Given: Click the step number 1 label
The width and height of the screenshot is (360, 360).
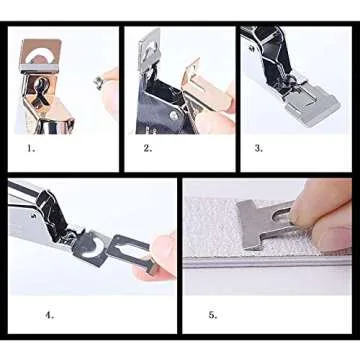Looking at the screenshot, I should [31, 148].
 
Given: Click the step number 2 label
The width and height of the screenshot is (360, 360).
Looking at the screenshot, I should [147, 148].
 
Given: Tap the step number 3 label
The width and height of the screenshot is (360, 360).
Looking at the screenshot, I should [258, 148].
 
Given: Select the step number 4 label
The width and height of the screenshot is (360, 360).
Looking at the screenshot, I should [49, 314].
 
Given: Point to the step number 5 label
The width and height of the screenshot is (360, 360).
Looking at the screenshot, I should [211, 314].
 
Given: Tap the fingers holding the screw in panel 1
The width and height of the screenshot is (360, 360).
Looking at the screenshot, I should [108, 85].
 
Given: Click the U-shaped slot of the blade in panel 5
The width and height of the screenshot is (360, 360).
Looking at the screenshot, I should [285, 217].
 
